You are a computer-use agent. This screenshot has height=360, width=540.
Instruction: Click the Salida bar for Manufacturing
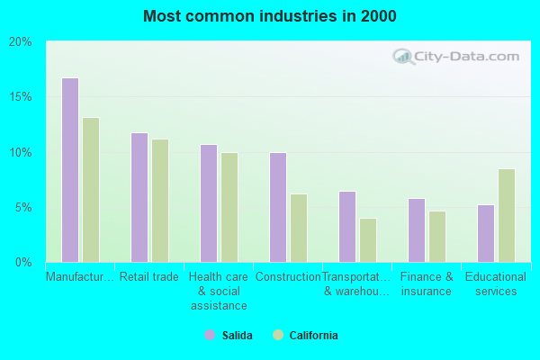pyautogui.click(x=70, y=170)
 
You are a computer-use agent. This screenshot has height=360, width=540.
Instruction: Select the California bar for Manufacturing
pyautogui.click(x=91, y=190)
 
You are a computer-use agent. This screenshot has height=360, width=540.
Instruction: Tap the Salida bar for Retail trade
pyautogui.click(x=139, y=197)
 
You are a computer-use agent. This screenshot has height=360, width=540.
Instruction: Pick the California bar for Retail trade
pyautogui.click(x=160, y=201)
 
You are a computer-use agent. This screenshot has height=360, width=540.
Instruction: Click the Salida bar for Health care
pyautogui.click(x=209, y=203)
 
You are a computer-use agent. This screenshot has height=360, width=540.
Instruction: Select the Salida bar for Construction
pyautogui.click(x=278, y=207)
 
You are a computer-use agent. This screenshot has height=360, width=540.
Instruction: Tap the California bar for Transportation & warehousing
pyautogui.click(x=368, y=240)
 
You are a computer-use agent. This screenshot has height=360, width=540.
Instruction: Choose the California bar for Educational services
pyautogui.click(x=507, y=215)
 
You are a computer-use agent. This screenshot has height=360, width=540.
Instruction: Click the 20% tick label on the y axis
pyautogui.click(x=21, y=41)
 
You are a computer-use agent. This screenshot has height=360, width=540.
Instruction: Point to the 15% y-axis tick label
pyautogui.click(x=21, y=97)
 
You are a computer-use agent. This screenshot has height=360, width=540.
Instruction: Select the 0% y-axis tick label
pyautogui.click(x=23, y=262)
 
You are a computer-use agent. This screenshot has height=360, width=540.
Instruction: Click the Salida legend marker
pyautogui.click(x=210, y=335)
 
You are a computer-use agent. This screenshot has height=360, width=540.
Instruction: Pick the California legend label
pyautogui.click(x=313, y=336)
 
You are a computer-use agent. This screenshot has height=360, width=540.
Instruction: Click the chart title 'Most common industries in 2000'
pyautogui.click(x=269, y=16)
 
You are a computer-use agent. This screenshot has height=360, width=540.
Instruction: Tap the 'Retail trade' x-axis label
pyautogui.click(x=149, y=277)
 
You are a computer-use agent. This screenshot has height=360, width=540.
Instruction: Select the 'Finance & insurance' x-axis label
pyautogui.click(x=427, y=284)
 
